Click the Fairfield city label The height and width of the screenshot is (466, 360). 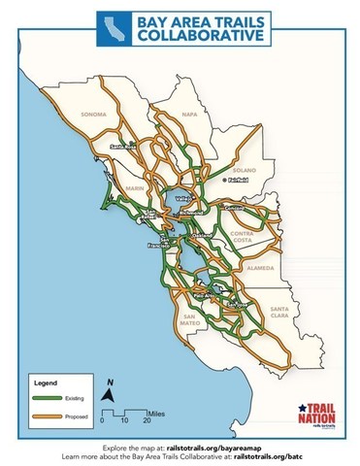point(236,182)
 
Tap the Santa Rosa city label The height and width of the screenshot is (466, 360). point(124,148)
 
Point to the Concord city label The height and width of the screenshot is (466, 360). point(233,208)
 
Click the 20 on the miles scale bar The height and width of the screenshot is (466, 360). point(146,420)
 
